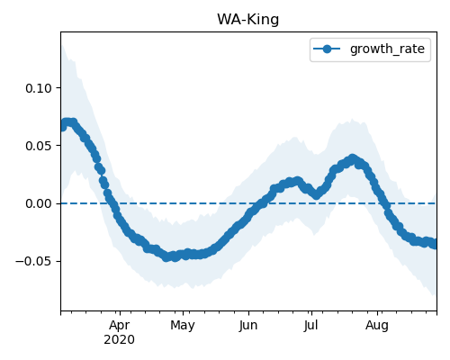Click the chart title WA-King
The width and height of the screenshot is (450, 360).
[248, 20]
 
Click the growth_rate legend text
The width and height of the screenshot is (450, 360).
[387, 49]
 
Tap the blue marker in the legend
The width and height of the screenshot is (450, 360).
[327, 49]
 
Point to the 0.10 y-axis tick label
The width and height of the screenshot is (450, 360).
[39, 88]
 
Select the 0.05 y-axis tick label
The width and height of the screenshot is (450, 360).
[39, 146]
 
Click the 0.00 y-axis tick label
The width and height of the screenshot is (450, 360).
[39, 203]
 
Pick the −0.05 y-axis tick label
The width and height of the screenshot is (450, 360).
[34, 261]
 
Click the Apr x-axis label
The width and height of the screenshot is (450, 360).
[120, 325]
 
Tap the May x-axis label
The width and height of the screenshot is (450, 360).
[183, 325]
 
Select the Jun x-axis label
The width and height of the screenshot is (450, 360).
[248, 325]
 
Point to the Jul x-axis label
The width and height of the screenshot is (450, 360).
[310, 325]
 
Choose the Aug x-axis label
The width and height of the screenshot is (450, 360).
[377, 325]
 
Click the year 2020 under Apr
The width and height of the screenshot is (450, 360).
[120, 339]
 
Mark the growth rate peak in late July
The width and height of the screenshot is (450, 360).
[353, 158]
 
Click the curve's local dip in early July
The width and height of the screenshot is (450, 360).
[317, 195]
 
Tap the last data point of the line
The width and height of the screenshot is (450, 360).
[435, 245]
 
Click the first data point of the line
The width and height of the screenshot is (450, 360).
[62, 127]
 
